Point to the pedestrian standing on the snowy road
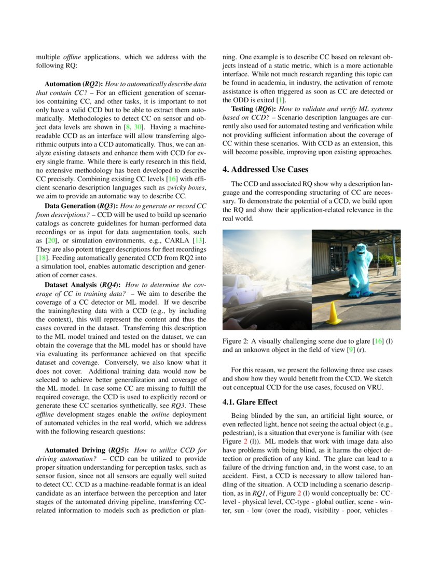point(286,283)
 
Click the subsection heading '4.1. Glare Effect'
point(250,402)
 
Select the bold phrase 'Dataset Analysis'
point(72,285)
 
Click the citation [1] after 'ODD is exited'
point(281,100)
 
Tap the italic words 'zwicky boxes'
point(190,188)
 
